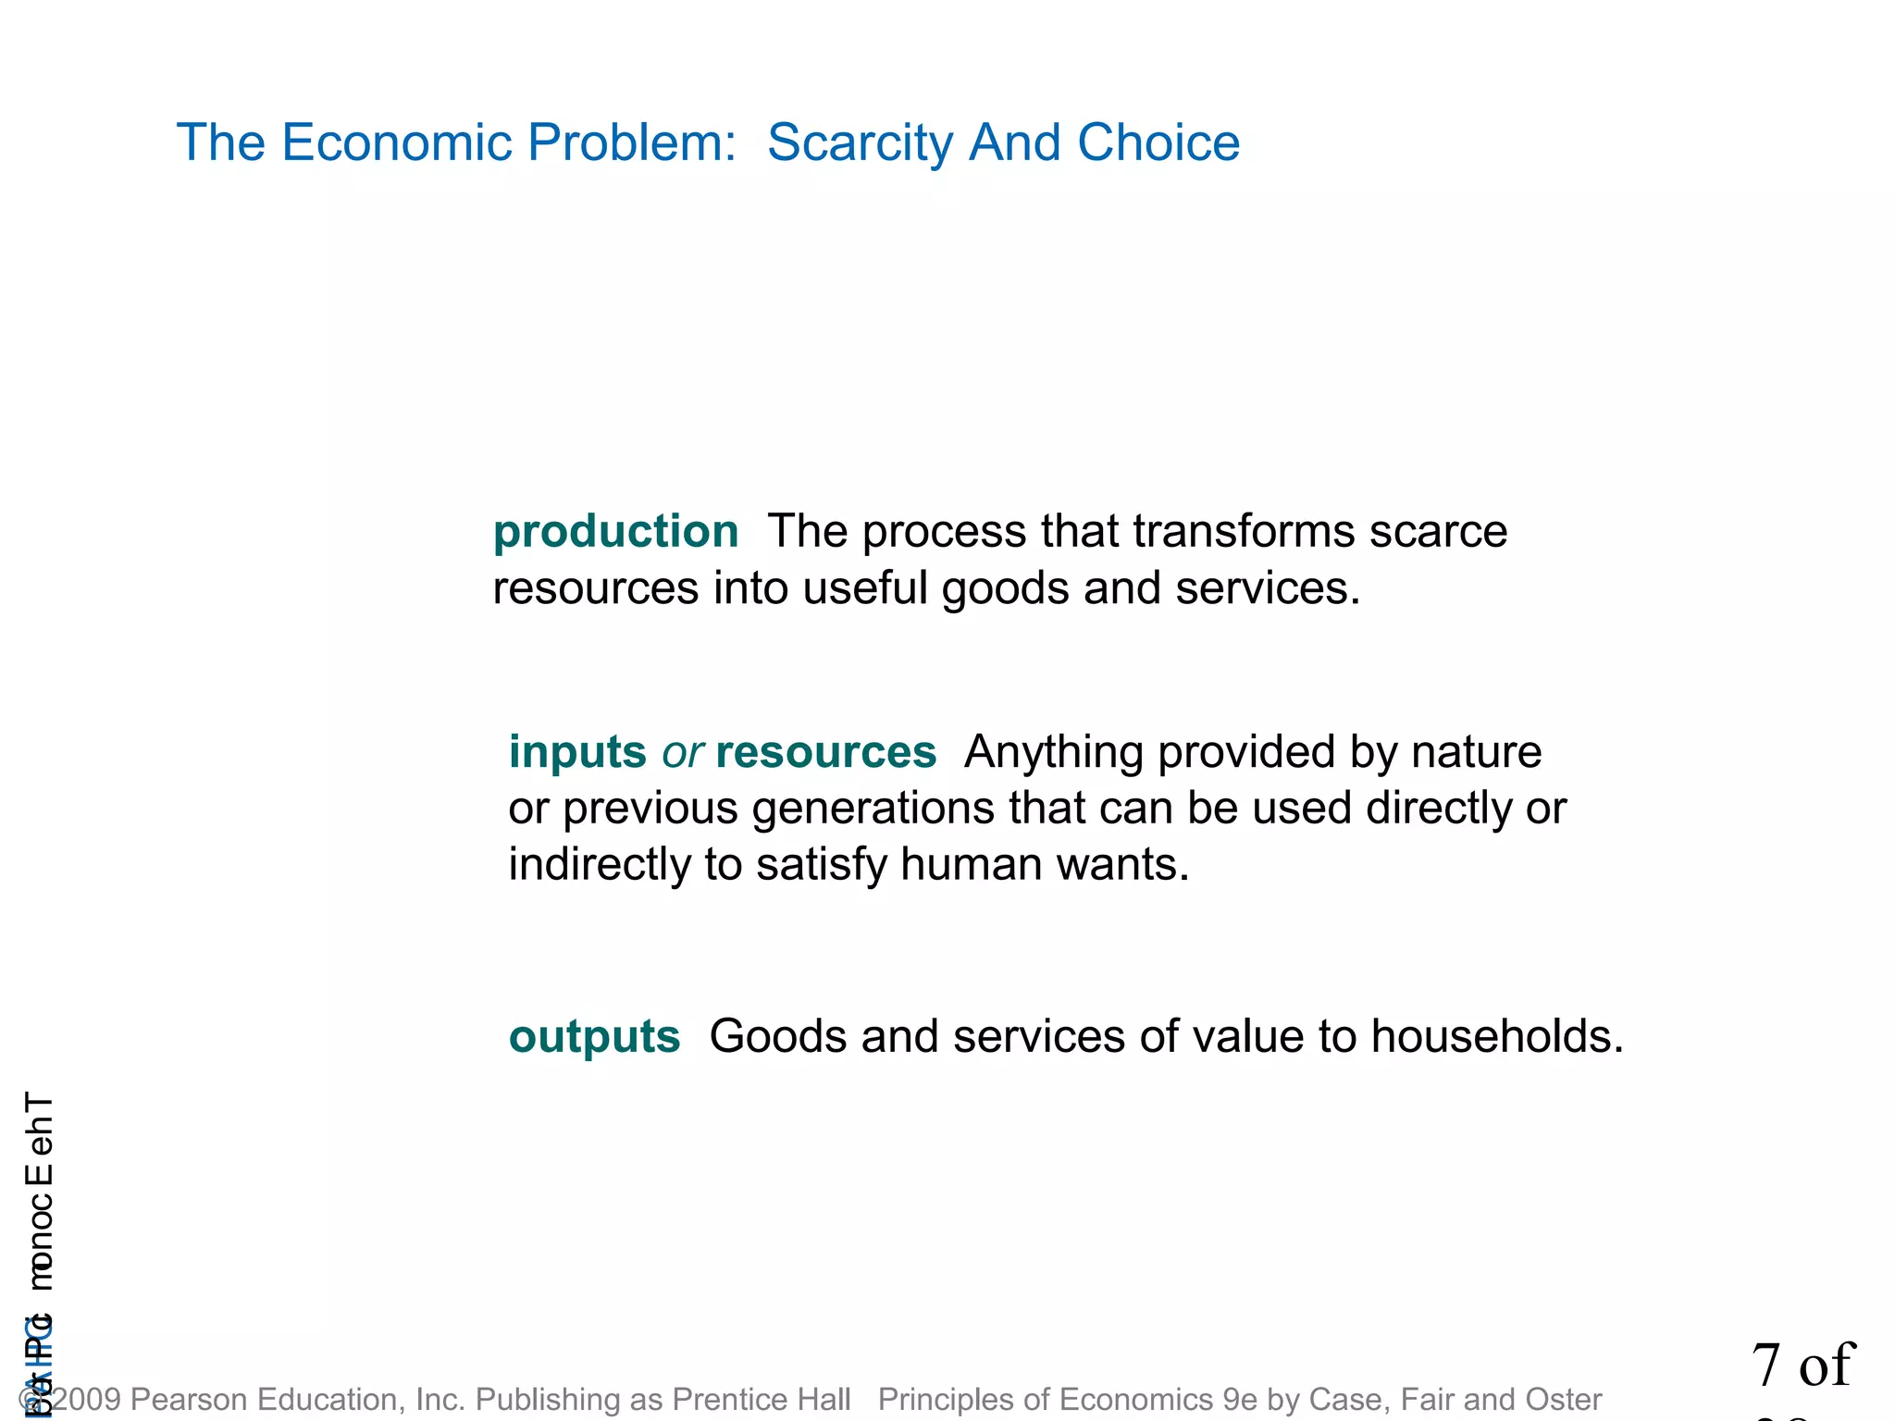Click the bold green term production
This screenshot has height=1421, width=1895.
615,532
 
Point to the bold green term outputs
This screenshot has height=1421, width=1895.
594,1037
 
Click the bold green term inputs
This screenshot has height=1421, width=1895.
577,752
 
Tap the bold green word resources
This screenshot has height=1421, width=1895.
825,752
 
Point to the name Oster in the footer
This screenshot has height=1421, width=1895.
1564,1399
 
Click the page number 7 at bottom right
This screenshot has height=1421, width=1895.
1765,1365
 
